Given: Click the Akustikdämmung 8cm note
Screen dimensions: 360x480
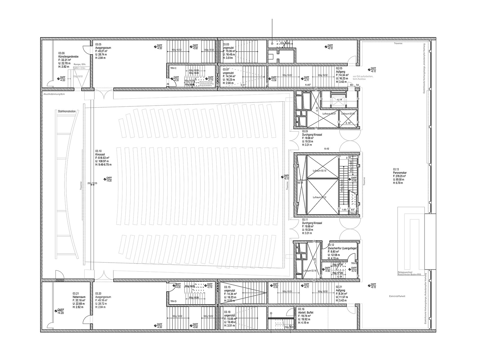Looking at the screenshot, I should click(54, 94).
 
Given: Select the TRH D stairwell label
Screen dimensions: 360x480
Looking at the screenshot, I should click(174, 301).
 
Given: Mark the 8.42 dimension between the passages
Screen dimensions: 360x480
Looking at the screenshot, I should click(327, 149).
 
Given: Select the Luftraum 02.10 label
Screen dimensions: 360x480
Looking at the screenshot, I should click(319, 171).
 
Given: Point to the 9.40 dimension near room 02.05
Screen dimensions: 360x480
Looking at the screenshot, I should click(308, 85).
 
